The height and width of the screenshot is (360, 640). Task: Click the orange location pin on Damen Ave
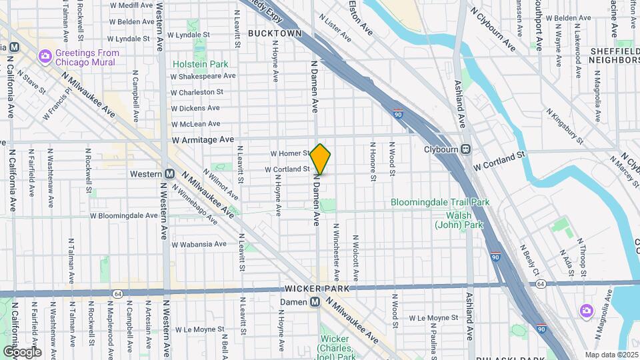coord(321,159)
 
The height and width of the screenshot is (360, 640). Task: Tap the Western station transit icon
coord(169,174)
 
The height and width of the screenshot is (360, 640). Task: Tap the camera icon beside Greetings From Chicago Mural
coord(45,54)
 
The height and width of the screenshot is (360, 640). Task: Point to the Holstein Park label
coord(200,64)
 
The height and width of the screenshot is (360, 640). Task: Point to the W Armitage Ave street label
coord(203,140)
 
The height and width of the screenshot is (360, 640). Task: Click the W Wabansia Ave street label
coord(198,244)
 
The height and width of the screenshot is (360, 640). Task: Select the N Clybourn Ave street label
coord(493,30)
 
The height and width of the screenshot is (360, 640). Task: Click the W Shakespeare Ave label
coord(203,76)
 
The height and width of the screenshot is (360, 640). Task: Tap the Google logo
coord(22,352)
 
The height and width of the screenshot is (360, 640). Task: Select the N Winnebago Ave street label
coord(193,203)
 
